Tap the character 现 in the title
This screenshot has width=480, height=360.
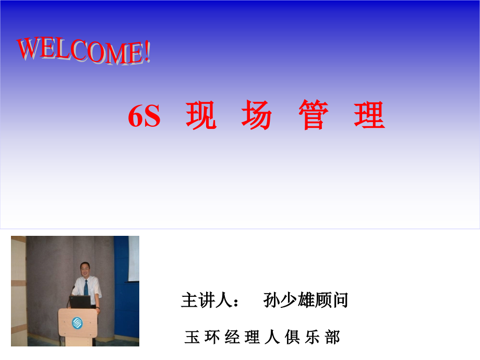point(201,115)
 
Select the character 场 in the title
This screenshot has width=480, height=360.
point(257,115)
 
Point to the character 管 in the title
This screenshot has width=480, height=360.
point(314,115)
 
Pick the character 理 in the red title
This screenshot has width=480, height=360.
point(369,115)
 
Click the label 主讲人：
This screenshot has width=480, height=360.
point(211,301)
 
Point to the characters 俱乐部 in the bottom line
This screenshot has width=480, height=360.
point(313,337)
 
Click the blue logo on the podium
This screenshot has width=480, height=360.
point(77,322)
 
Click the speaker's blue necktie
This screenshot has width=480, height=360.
point(86,287)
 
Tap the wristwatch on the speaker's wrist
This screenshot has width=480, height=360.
point(97,309)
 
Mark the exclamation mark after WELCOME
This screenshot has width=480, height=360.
point(147,53)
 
